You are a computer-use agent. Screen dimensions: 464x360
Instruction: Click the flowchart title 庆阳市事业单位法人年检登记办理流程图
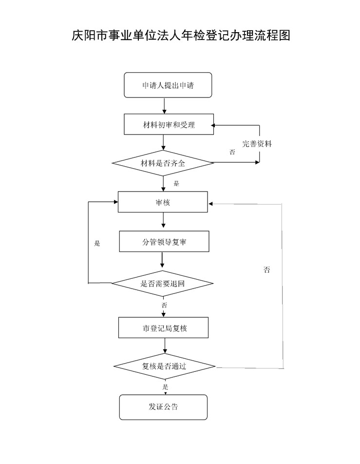coord(181,36)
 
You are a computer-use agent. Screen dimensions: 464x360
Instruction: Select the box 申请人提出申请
coord(168,85)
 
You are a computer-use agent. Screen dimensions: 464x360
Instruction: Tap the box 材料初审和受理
coord(168,125)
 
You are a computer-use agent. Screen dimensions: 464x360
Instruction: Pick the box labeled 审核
coord(163,202)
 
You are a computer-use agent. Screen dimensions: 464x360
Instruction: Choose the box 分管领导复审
coord(164,241)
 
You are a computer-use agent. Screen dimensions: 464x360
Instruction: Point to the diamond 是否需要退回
coord(163,283)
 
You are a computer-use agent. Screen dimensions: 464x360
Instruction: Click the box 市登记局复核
coord(164,328)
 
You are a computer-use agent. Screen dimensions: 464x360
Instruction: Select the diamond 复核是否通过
coord(164,366)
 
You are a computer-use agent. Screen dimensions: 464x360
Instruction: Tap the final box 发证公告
coord(163,407)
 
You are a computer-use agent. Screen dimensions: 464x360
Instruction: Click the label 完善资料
coord(257,144)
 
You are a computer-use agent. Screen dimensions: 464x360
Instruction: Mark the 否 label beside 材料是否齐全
coord(232,153)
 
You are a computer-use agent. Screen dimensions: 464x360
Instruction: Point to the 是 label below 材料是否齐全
coord(176,184)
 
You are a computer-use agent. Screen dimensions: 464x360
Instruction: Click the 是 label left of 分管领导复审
coord(97,243)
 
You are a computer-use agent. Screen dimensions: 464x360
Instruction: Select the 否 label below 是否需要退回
coord(164,305)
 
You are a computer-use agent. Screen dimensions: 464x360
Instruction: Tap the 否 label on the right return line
coord(266,270)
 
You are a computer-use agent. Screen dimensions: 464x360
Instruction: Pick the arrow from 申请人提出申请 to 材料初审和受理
coord(165,106)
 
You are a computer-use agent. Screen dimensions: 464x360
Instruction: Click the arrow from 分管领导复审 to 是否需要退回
coord(163,261)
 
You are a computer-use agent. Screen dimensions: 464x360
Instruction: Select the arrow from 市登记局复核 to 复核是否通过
coord(165,346)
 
